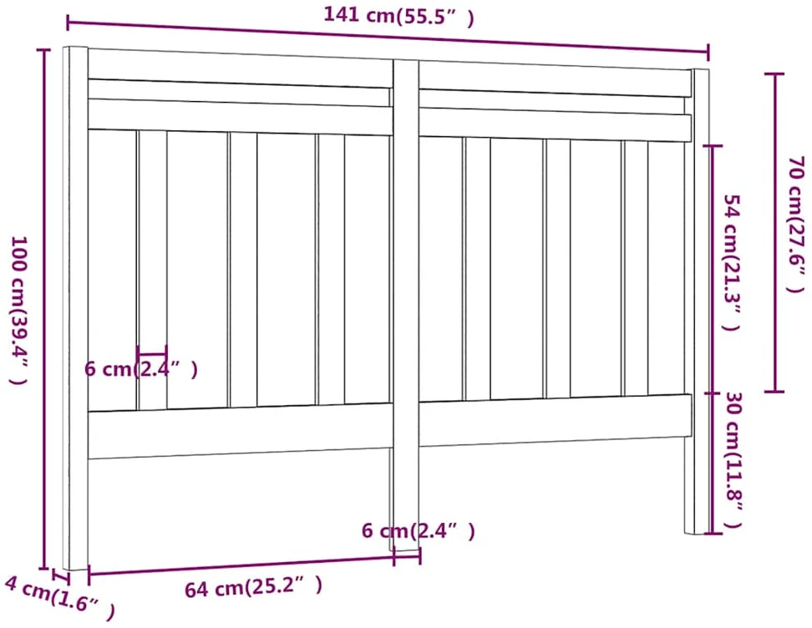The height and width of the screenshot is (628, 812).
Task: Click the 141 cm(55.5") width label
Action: (x=398, y=16)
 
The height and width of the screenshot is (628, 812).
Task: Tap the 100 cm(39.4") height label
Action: (x=19, y=311)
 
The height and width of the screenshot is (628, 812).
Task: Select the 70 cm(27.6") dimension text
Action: (x=796, y=224)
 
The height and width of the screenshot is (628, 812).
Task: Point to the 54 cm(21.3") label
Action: (x=733, y=262)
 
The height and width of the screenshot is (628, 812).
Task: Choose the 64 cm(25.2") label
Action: (x=254, y=587)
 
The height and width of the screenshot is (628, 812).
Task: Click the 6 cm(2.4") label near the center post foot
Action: (x=419, y=530)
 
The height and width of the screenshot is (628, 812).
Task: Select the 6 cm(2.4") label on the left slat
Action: (x=141, y=369)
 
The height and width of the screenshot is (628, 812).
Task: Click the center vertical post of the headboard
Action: (x=406, y=306)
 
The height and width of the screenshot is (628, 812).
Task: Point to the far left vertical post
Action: (x=76, y=308)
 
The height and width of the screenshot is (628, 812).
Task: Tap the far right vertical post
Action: (x=701, y=301)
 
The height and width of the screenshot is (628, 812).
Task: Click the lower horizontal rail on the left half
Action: (x=241, y=431)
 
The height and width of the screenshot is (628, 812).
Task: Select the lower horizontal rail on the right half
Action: (x=556, y=420)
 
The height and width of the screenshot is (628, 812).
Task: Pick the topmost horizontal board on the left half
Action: (x=240, y=68)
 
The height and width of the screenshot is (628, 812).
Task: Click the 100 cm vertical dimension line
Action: (x=44, y=309)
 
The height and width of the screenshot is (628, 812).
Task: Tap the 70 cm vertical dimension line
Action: (x=774, y=232)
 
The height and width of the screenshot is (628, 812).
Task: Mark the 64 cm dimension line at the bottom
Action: (x=241, y=565)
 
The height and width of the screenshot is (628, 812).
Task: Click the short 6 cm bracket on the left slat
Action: (x=152, y=354)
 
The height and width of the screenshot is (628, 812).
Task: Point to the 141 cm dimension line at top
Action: (x=388, y=37)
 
